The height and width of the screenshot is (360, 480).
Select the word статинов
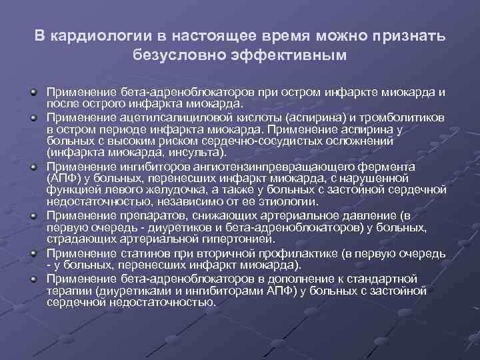(140, 253)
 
